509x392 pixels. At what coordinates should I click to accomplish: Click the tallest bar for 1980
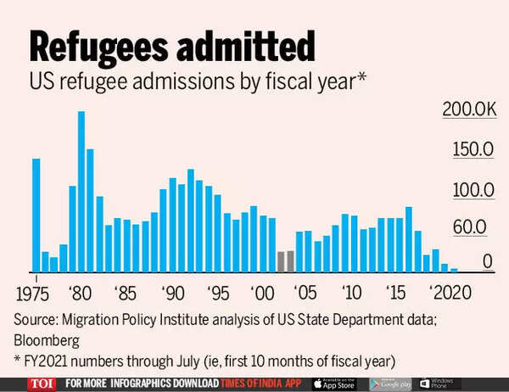click(x=81, y=192)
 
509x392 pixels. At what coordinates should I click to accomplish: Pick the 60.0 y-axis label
click(x=475, y=227)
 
